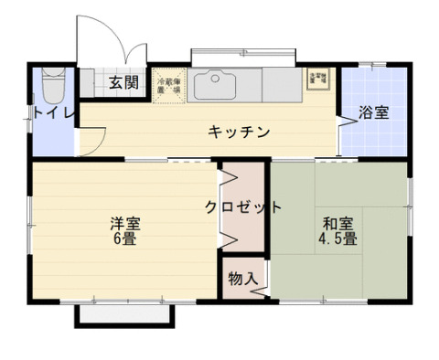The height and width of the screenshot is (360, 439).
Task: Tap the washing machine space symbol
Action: point(319,78)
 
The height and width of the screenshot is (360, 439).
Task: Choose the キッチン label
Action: point(239,132)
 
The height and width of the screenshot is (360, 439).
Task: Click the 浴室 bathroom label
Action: point(373,113)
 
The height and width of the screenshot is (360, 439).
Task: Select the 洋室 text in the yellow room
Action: point(125,223)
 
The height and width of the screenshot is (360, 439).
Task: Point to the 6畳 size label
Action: point(125,240)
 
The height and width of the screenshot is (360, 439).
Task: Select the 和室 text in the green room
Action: point(337,223)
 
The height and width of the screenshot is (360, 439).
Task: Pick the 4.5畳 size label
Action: point(337,240)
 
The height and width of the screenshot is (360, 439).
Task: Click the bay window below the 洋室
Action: point(124,313)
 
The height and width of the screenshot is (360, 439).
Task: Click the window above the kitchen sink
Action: point(243,55)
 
